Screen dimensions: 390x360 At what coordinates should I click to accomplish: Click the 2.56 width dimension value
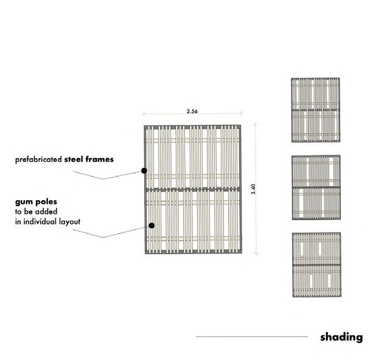[x=192, y=111]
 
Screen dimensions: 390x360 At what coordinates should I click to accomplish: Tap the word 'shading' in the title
[x=341, y=337]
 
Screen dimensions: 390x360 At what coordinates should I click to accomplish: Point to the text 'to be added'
[x=36, y=211]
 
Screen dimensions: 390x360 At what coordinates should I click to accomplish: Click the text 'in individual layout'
[x=47, y=221]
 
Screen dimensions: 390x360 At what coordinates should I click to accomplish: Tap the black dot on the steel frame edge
[x=144, y=171]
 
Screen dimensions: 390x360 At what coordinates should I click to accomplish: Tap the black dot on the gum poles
[x=151, y=225]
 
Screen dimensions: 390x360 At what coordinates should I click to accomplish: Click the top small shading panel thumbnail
[x=315, y=110]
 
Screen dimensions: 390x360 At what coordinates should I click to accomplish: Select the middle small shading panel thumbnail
[x=315, y=187]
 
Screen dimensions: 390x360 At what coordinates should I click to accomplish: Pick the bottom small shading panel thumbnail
[x=316, y=265]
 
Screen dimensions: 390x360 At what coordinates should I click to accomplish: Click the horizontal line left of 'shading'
[x=251, y=336]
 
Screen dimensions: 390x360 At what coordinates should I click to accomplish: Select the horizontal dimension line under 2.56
[x=192, y=115]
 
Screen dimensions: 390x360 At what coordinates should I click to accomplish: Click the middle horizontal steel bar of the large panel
[x=193, y=190]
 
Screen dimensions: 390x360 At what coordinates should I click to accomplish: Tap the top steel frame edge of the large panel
[x=193, y=126]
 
